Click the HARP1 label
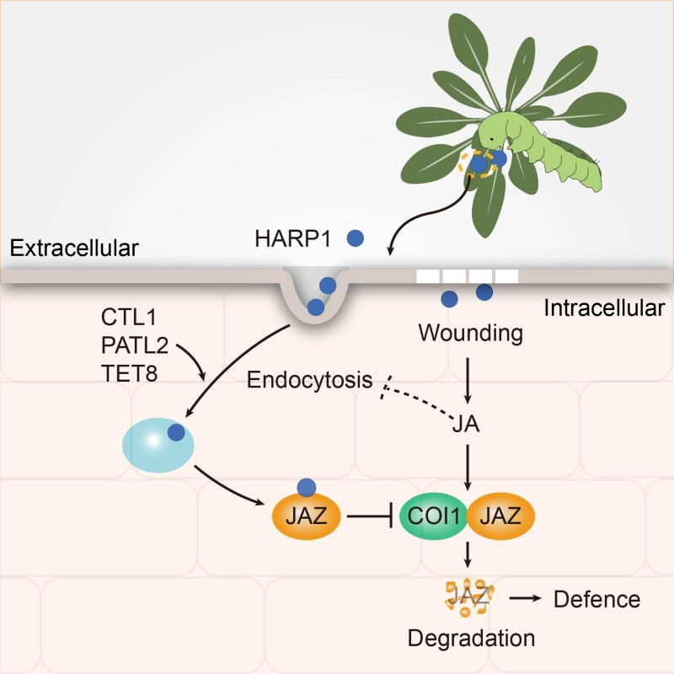click(x=292, y=238)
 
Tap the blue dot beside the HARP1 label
click(x=355, y=238)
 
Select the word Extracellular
click(x=74, y=248)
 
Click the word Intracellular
click(x=604, y=308)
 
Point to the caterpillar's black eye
click(x=491, y=139)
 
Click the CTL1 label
click(x=129, y=318)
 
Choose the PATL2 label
click(x=135, y=345)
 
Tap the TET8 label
click(x=130, y=373)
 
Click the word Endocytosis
click(x=309, y=380)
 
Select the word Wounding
click(x=471, y=334)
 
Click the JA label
click(x=466, y=425)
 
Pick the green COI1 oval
click(x=433, y=516)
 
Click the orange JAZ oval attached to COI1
click(x=500, y=516)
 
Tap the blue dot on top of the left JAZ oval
click(x=307, y=488)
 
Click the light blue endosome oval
click(x=158, y=446)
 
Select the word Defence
click(x=597, y=599)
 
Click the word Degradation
click(x=471, y=639)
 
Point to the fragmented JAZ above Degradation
click(x=468, y=597)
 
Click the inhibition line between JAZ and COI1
click(x=370, y=516)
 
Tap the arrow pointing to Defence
click(x=525, y=598)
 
